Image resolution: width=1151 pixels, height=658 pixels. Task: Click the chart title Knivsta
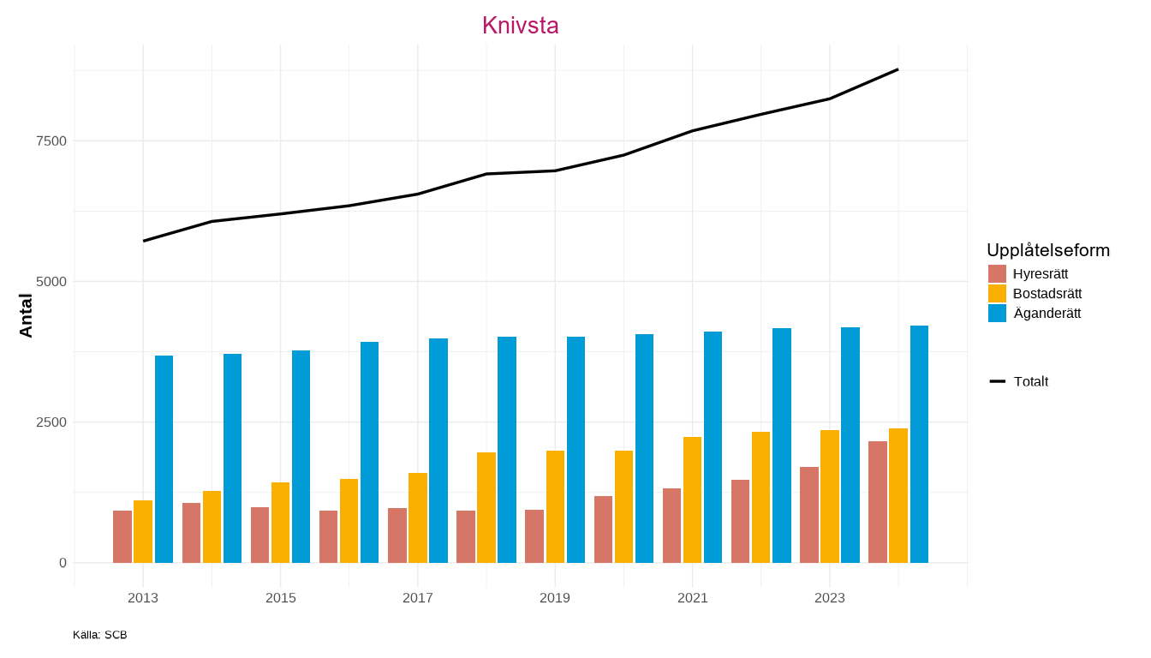pos(520,26)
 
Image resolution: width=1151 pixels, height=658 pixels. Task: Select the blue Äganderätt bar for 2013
pos(164,459)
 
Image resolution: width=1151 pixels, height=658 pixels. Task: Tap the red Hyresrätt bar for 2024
pos(877,502)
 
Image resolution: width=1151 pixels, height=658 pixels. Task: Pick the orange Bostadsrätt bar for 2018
pos(486,507)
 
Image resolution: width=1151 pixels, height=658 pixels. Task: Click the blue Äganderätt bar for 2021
pos(713,447)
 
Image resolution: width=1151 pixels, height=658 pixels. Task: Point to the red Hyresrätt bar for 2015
pos(259,535)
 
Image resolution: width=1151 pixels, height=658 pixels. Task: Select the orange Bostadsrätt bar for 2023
pos(830,496)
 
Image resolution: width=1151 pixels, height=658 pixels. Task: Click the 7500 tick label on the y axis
pos(51,141)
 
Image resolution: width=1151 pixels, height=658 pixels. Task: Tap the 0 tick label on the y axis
pos(63,563)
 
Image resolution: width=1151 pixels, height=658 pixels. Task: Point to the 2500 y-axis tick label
pos(51,422)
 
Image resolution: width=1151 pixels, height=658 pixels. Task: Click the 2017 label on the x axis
pos(418,598)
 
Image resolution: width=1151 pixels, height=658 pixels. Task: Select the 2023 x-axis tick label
pos(830,598)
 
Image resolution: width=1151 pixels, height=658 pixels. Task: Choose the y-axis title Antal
pos(26,315)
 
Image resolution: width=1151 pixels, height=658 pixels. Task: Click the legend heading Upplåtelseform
pos(1048,250)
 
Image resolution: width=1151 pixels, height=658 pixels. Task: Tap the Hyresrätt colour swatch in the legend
pos(997,273)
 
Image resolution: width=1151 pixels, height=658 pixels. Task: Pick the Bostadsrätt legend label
pos(1047,294)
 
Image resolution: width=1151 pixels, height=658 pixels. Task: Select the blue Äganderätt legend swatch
pos(997,313)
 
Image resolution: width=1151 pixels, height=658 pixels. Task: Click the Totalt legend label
pos(1030,381)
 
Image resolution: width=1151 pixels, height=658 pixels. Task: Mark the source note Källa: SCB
pos(100,635)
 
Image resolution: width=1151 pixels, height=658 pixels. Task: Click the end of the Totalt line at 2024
pos(898,69)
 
